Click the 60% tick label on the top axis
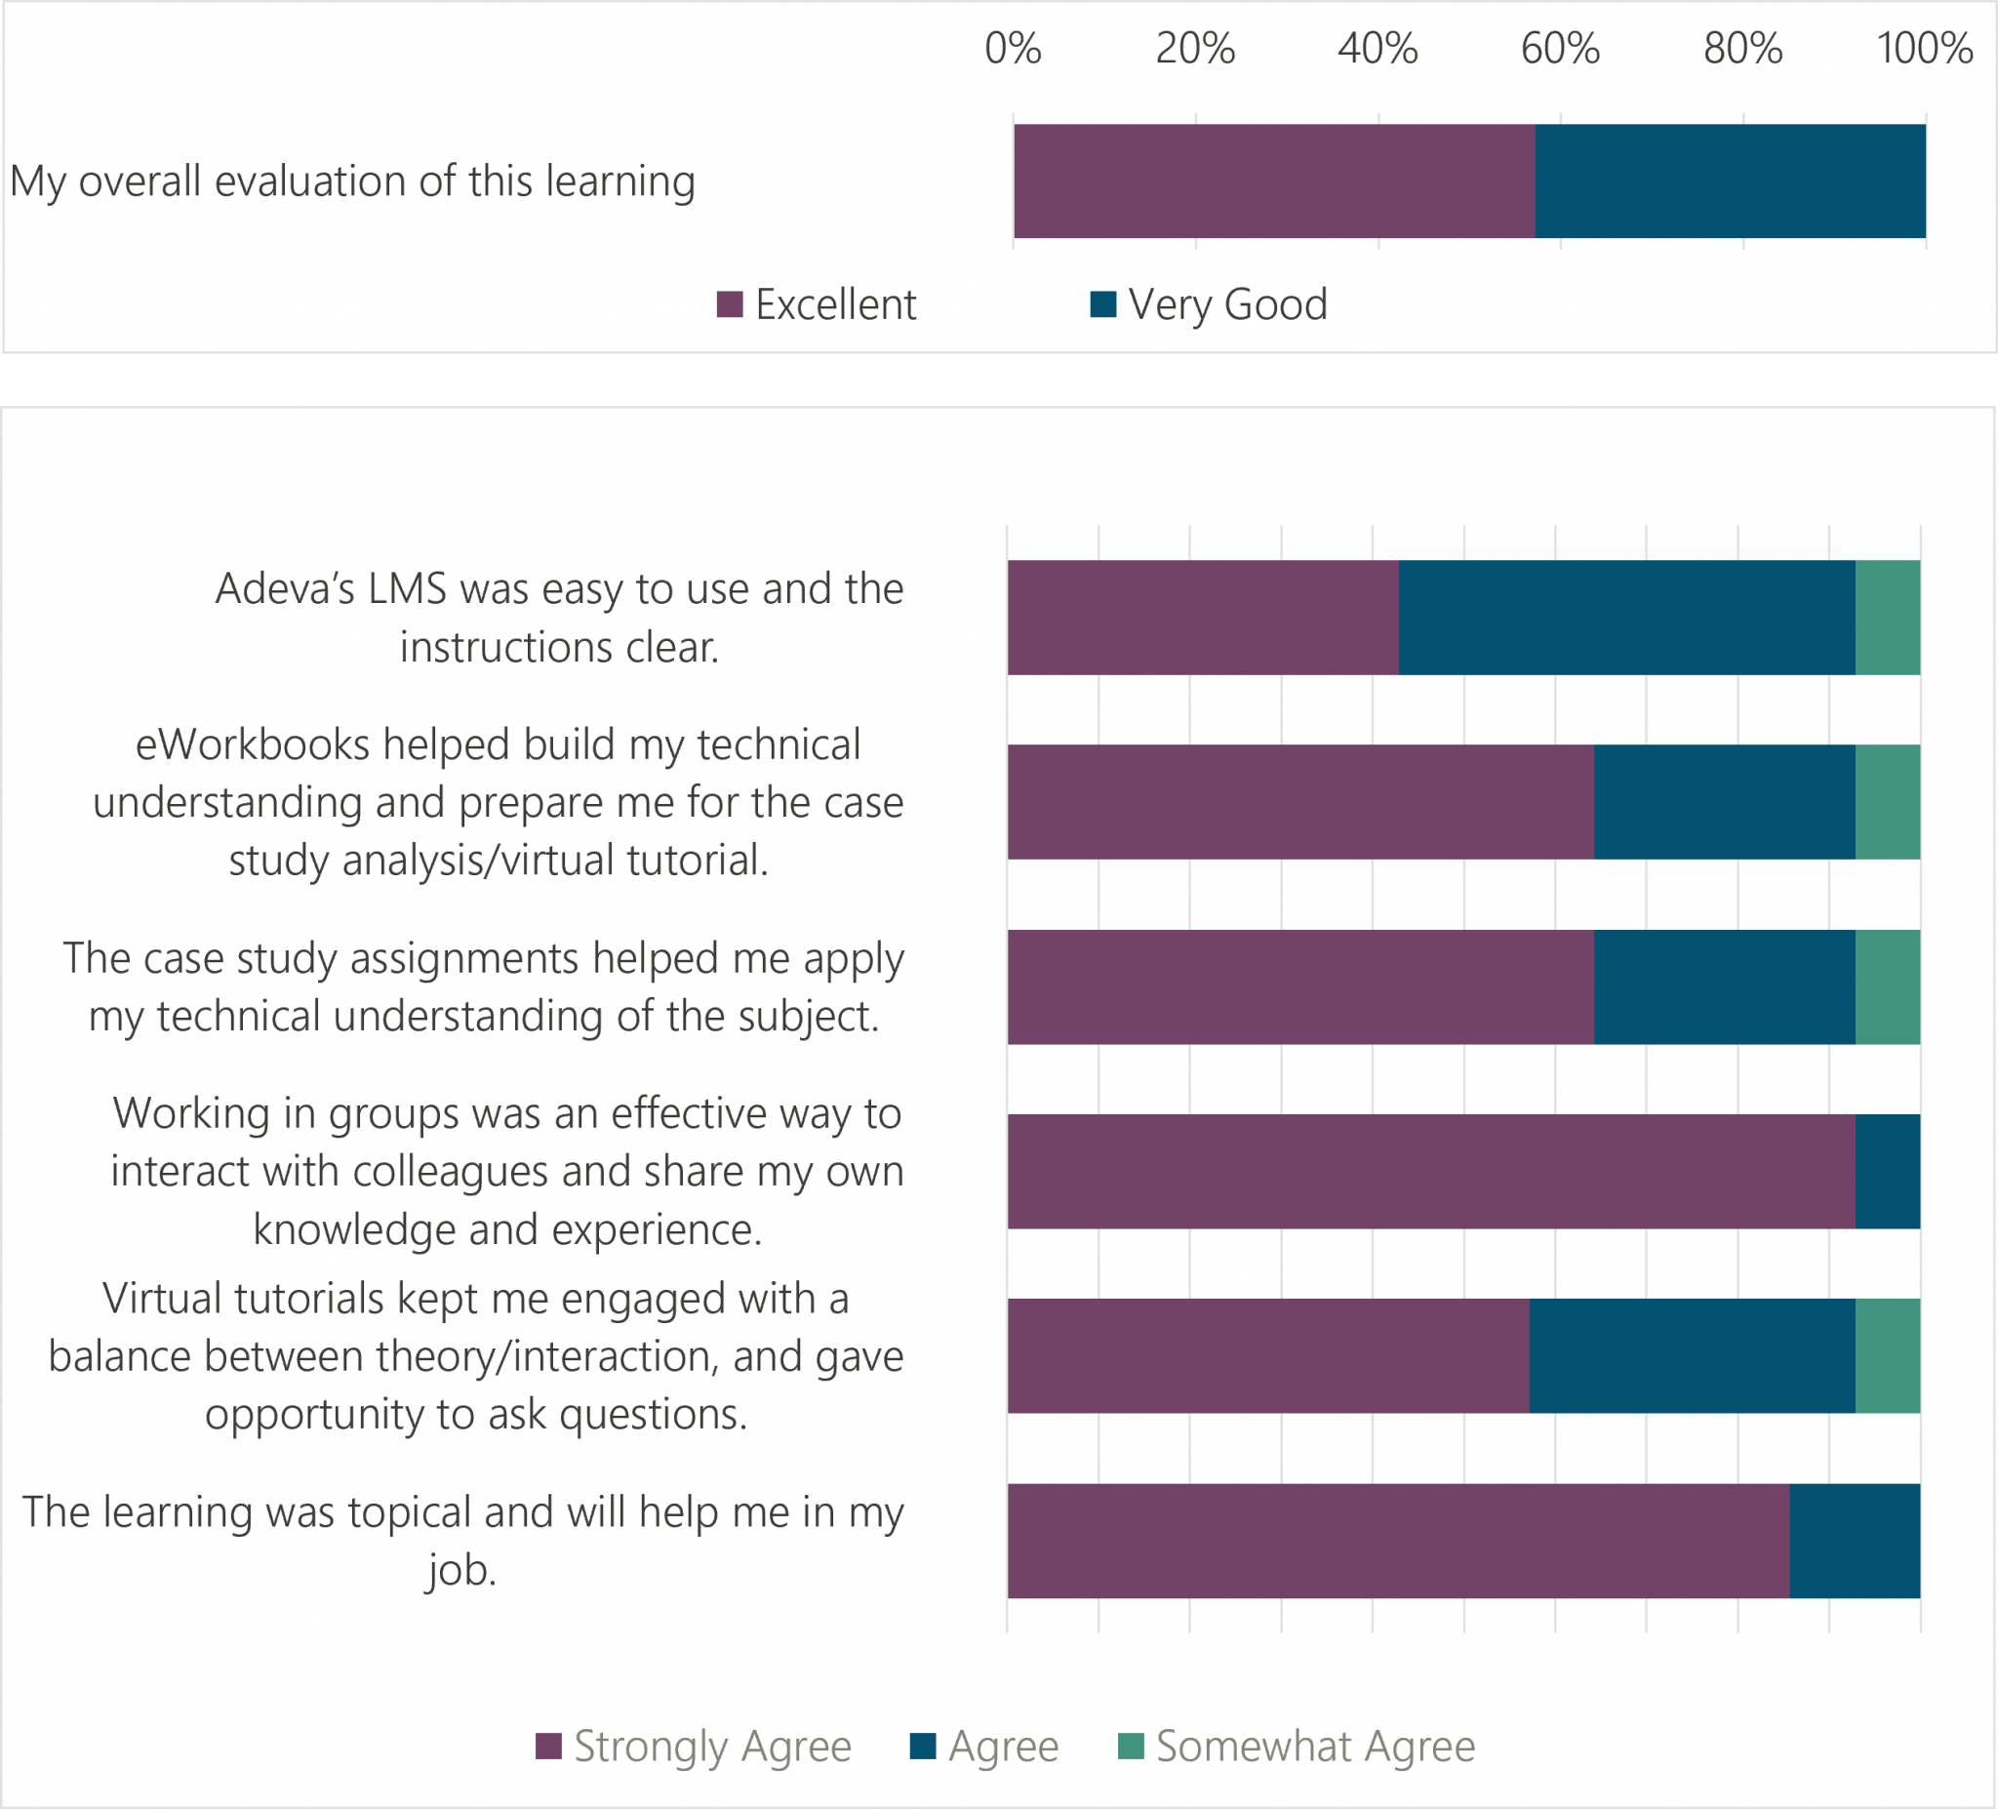(1560, 48)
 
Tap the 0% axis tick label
(1013, 48)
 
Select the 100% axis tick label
(1925, 48)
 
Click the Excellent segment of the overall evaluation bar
(1273, 181)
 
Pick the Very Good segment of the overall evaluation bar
(1730, 181)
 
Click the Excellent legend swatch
(730, 304)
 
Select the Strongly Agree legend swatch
(548, 1746)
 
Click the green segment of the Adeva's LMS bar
(1887, 618)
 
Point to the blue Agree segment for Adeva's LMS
(1626, 618)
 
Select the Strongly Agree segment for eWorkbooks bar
(1300, 802)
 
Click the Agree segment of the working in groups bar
(1887, 1171)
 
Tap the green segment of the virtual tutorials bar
(1887, 1355)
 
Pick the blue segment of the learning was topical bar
(1855, 1541)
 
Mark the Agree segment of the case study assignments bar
(1725, 986)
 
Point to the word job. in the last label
(461, 1570)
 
